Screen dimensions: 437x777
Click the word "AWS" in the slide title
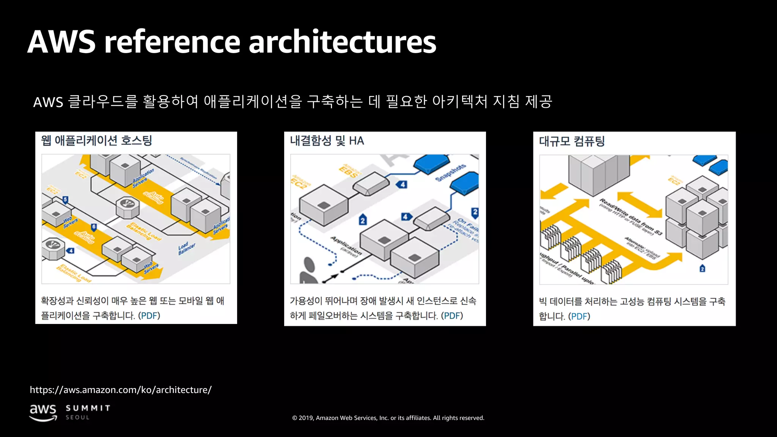[x=61, y=42]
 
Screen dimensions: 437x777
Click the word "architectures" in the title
[x=342, y=42]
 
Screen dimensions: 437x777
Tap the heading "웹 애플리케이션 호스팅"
[x=96, y=141]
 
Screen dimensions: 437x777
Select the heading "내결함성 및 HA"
[x=327, y=141]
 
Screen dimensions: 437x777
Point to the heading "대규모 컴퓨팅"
[x=572, y=141]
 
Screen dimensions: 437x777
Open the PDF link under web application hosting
[x=149, y=316]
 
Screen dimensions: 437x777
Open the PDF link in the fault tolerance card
[x=452, y=316]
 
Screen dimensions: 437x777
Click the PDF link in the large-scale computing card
[x=579, y=316]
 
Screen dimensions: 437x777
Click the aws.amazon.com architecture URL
[x=121, y=390]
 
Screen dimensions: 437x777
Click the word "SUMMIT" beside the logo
[x=88, y=408]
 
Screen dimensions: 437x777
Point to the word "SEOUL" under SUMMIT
[x=78, y=417]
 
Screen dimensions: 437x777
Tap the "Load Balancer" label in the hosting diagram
[x=187, y=248]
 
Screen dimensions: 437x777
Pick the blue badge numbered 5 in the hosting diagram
[x=65, y=200]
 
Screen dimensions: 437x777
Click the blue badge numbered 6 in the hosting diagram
[x=94, y=227]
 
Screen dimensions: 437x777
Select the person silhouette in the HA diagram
[x=309, y=270]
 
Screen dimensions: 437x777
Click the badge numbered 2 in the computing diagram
[x=702, y=269]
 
